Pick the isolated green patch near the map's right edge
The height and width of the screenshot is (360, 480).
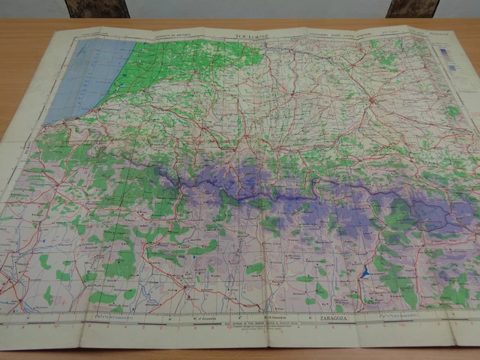tap(453, 110)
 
